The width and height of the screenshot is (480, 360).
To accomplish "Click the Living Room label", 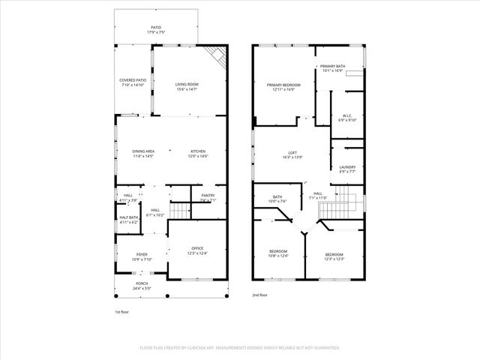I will coord(187,87).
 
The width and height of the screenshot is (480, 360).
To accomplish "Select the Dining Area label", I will coord(143,153).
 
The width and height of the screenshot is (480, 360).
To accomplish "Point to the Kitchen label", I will coord(198,153).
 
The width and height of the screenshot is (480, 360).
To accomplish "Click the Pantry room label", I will coord(208,198).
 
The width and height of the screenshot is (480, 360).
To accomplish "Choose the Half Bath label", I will coord(129,220).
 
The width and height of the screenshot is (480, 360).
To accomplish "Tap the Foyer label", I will coord(142,257).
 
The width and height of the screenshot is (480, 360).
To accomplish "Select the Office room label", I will coord(197,250).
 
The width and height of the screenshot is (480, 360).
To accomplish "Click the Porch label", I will coord(142,285).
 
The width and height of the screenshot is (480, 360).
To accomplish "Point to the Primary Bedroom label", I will coord(283,87).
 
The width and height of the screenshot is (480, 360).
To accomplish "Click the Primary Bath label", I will coord(333,69).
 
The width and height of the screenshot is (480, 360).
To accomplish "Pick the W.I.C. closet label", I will coord(346,117).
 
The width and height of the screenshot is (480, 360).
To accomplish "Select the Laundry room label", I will coord(346,169).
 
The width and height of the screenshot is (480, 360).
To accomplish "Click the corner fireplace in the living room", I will coord(217,56).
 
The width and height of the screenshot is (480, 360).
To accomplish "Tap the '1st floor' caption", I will coord(122,310).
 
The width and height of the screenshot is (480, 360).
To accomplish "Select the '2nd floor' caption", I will coord(260,295).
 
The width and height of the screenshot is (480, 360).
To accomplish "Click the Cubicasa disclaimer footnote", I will coord(240,348).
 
